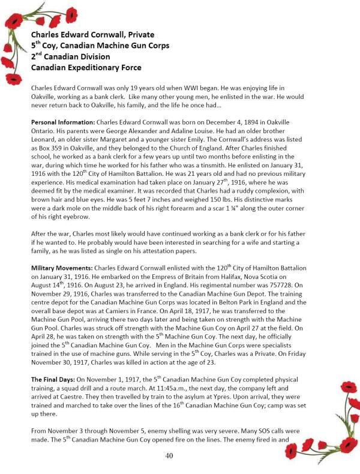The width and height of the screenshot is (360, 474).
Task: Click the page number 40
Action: tap(169, 456)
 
